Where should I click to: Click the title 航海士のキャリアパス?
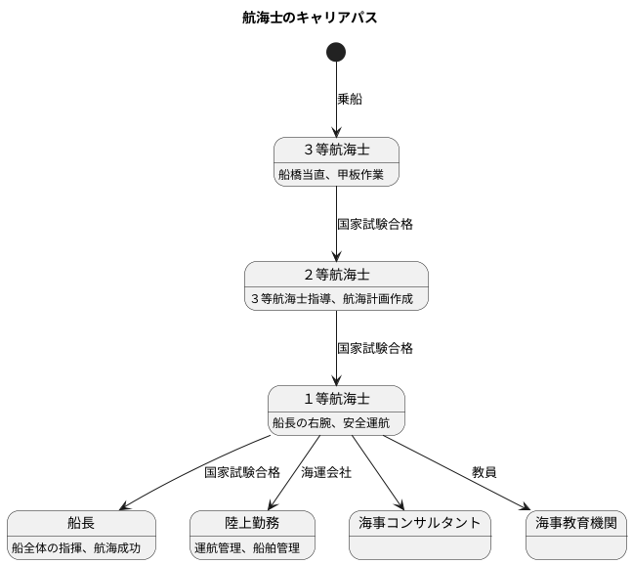(x=310, y=18)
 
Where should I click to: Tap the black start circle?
(x=336, y=52)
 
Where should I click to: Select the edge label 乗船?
(x=350, y=99)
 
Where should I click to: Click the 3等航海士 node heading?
(x=336, y=150)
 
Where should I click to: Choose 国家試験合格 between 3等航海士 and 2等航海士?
(x=374, y=224)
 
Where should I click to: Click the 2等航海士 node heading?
(x=336, y=274)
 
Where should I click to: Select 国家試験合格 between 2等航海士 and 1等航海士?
(x=374, y=348)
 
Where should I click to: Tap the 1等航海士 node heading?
(x=336, y=398)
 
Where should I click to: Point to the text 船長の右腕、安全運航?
(x=331, y=423)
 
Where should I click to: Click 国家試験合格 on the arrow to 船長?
(x=242, y=472)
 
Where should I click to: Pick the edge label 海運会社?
(x=326, y=472)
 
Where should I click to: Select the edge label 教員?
(x=484, y=472)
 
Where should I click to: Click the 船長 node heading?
(x=81, y=523)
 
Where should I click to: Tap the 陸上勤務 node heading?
(x=252, y=523)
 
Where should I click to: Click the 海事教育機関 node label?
(x=575, y=523)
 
